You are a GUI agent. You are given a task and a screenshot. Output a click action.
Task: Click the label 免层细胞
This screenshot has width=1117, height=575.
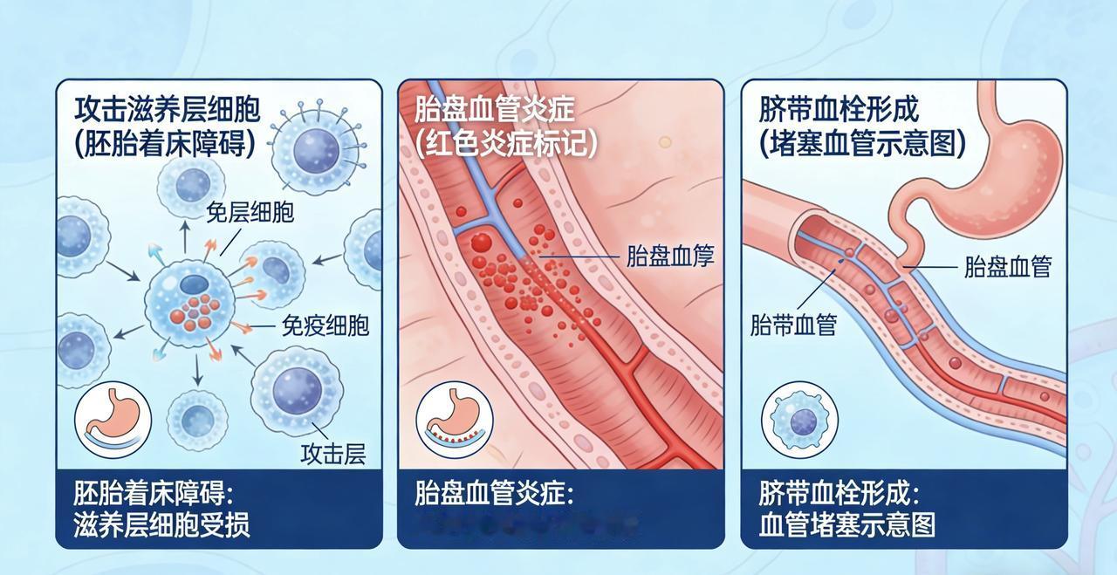[250, 212]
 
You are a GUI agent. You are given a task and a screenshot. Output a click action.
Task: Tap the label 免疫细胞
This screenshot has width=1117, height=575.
[325, 325]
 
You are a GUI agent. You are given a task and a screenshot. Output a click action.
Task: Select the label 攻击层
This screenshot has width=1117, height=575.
[332, 454]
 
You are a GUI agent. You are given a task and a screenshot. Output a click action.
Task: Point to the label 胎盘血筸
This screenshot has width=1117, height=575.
[670, 256]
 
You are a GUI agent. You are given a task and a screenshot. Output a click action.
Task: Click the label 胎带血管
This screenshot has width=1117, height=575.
[793, 325]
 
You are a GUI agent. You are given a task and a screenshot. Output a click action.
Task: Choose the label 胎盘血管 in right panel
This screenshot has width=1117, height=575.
[1007, 267]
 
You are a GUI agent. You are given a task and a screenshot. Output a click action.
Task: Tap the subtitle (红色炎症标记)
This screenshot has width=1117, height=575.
[506, 143]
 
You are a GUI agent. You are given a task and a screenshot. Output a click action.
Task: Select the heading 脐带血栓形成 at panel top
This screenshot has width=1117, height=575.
[839, 110]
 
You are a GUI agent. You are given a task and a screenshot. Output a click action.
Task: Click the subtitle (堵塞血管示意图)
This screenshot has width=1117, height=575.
[862, 143]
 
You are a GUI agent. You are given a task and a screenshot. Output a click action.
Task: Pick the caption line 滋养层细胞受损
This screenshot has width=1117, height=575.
[162, 525]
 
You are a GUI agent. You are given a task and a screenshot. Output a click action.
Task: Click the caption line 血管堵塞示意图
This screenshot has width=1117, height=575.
[847, 525]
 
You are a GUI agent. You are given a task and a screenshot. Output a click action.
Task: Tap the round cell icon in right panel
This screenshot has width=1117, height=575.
[793, 420]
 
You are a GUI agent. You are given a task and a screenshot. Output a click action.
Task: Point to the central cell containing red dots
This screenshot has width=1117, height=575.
[193, 302]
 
